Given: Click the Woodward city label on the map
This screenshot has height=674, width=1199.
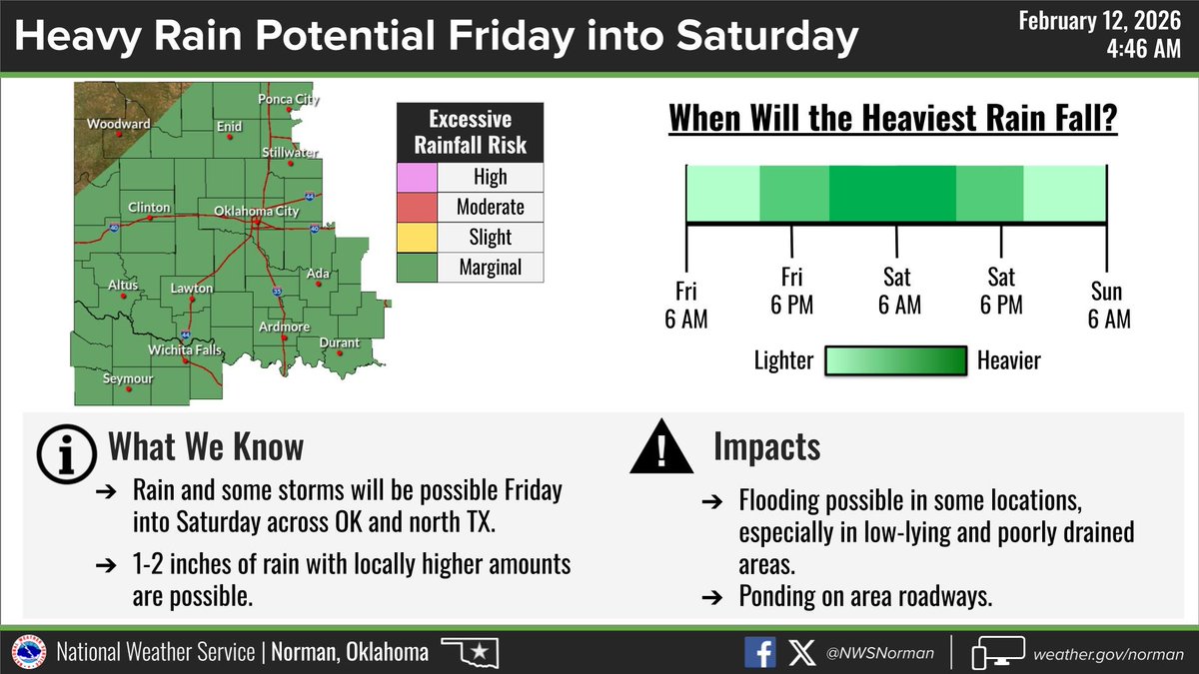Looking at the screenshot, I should (x=118, y=125).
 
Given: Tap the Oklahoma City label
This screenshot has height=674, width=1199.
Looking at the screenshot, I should (x=257, y=212).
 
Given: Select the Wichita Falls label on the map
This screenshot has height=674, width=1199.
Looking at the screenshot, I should (x=185, y=350).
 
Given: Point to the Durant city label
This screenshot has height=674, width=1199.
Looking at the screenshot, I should (x=339, y=343).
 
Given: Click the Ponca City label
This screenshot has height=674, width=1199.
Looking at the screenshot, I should (x=288, y=100).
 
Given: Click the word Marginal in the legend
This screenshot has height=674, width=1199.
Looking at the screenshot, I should (x=491, y=268).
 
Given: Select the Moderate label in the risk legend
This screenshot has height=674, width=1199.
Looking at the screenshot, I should (x=491, y=208).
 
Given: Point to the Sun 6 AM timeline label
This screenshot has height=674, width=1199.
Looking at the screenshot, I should (x=1107, y=306).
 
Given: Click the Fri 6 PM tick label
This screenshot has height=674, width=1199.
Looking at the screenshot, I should (x=792, y=291).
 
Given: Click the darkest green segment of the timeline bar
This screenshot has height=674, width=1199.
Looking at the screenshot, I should (x=892, y=193).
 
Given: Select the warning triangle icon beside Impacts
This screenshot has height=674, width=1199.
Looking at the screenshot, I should (x=660, y=448).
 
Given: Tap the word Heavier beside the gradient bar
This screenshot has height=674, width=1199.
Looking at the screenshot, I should (x=1009, y=360).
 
